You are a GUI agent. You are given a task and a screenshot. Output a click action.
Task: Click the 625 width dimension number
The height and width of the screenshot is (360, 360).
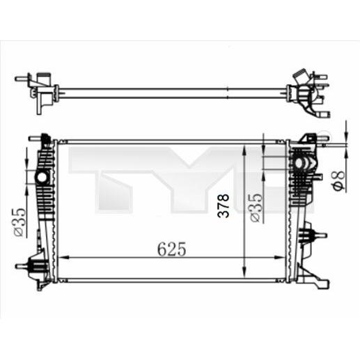[172, 249]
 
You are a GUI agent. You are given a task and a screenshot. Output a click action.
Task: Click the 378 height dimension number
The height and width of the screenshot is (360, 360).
[224, 206]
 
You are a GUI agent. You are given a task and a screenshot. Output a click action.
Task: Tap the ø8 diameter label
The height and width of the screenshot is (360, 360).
[339, 180]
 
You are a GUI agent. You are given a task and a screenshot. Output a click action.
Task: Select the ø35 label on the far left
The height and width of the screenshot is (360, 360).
[19, 222]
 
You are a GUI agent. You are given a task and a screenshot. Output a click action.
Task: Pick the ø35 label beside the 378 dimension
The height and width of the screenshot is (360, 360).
[257, 208]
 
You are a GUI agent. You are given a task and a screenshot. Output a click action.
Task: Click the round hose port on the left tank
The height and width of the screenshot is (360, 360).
[42, 178]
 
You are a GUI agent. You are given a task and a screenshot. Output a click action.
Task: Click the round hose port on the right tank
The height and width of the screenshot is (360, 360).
[299, 164]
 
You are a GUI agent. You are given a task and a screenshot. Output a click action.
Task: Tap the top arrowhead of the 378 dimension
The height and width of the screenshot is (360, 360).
[244, 150]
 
